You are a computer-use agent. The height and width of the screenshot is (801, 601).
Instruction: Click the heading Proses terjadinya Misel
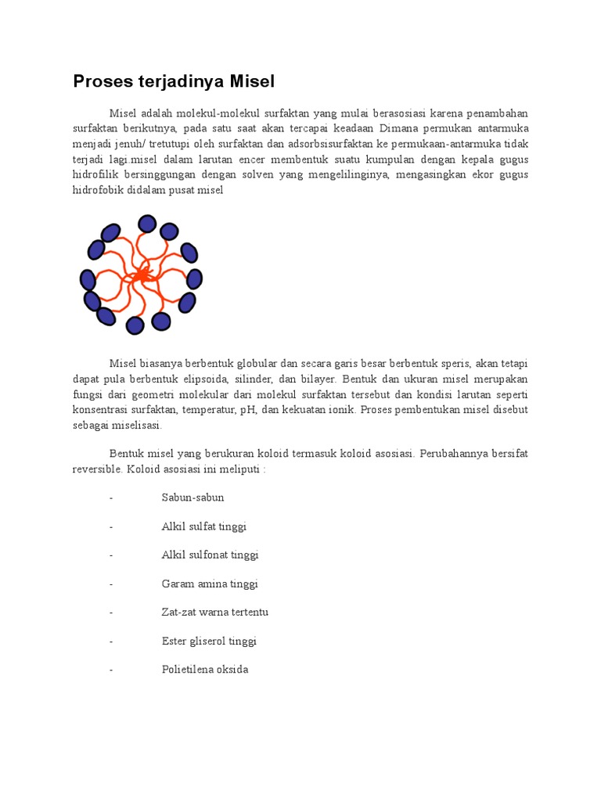pyautogui.click(x=174, y=81)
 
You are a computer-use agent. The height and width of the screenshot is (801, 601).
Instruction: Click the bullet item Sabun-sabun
pyautogui.click(x=193, y=497)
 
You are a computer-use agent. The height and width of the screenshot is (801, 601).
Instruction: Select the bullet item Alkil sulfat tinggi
pyautogui.click(x=203, y=526)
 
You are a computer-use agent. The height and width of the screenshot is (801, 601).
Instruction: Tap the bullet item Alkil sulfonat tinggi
pyautogui.click(x=210, y=555)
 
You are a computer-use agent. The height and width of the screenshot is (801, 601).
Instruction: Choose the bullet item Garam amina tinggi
pyautogui.click(x=209, y=584)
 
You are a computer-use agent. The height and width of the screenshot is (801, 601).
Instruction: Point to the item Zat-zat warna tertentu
pyautogui.click(x=214, y=612)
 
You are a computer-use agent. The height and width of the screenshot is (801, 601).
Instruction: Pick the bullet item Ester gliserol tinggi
pyautogui.click(x=209, y=641)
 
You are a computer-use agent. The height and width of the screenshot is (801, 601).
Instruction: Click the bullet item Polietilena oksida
pyautogui.click(x=204, y=670)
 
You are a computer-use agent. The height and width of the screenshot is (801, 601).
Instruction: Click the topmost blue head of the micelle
pyautogui.click(x=146, y=224)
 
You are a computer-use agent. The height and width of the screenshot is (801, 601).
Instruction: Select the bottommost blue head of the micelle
pyautogui.click(x=135, y=325)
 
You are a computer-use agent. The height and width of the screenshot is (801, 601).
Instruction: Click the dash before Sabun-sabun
pyautogui.click(x=112, y=497)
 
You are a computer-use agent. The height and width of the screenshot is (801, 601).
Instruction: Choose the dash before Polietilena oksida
pyautogui.click(x=112, y=670)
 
